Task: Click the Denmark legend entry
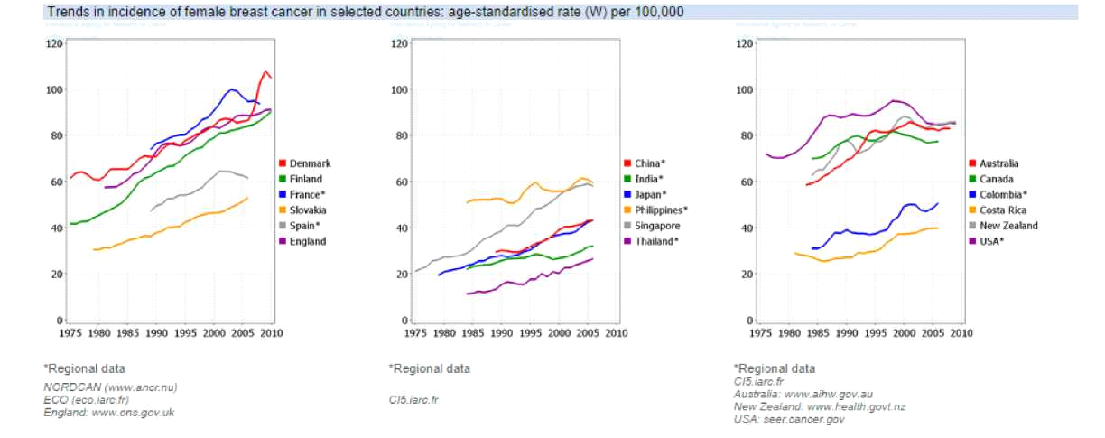coord(310,163)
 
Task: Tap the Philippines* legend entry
coord(662,210)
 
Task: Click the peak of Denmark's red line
coord(266,71)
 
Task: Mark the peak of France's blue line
coord(232,89)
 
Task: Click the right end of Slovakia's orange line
coord(247,198)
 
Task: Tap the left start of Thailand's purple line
coord(467,294)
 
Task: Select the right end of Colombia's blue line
coord(938,203)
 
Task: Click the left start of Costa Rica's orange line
coord(794,253)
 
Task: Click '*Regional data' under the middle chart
coord(429,368)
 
